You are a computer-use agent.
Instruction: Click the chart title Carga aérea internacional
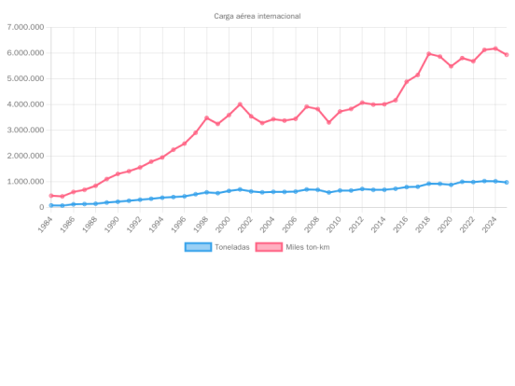257,16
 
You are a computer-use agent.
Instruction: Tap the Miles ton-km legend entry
292,247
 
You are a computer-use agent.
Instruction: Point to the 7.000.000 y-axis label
25,27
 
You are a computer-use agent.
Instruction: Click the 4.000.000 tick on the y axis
25,104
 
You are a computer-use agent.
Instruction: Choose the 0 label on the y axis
41,207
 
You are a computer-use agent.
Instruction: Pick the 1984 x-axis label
46,225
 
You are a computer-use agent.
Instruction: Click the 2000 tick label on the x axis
223,225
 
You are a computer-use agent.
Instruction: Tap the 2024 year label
490,225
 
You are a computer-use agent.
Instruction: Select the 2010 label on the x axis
334,225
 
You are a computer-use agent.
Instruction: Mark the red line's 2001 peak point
240,104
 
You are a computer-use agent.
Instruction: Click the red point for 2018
428,53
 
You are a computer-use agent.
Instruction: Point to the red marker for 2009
328,122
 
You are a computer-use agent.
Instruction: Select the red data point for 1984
51,196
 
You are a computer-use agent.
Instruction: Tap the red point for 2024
495,48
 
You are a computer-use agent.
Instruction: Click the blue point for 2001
240,189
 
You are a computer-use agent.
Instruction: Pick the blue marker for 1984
51,205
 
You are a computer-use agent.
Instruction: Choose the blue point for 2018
428,184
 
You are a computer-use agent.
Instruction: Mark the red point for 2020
451,66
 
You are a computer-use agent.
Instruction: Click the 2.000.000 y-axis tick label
25,156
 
